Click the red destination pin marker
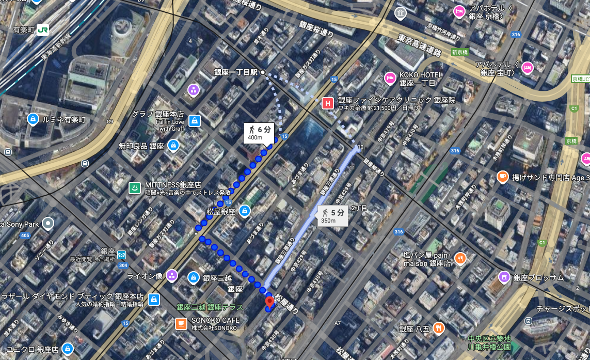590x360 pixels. click(x=269, y=302)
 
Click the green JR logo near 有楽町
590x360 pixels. click(x=42, y=29)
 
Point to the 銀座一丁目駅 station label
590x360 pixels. click(x=236, y=72)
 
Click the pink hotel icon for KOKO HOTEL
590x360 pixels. click(x=390, y=79)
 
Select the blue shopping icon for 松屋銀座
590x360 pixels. click(x=245, y=211)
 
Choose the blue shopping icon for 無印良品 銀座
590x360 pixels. click(x=173, y=146)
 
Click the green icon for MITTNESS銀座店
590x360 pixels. click(x=135, y=188)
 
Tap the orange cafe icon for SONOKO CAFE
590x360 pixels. click(x=181, y=324)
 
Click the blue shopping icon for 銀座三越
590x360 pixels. click(x=194, y=277)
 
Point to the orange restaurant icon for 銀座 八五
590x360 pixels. click(x=438, y=328)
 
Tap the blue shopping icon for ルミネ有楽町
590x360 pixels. click(x=33, y=119)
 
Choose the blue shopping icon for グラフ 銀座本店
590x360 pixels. click(x=195, y=121)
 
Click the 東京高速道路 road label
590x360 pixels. click(x=420, y=46)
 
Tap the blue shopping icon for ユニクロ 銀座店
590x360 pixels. click(x=67, y=349)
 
